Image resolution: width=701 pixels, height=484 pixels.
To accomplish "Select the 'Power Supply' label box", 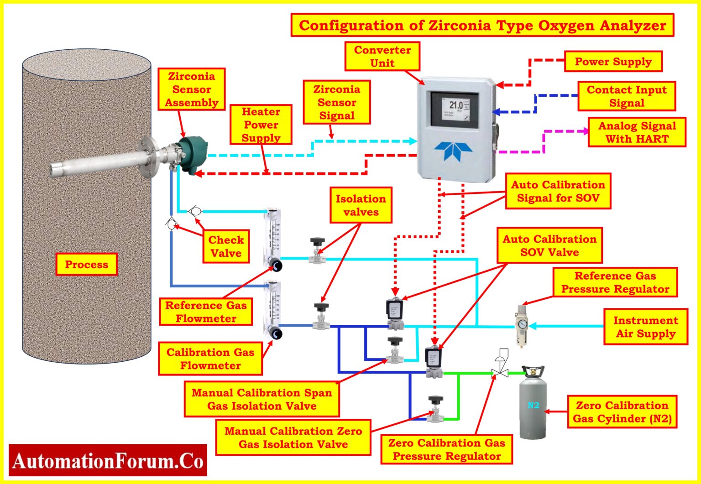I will point(613,62).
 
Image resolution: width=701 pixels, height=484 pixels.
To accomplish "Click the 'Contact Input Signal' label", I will point(626,96).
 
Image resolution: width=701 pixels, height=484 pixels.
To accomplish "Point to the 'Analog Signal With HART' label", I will point(637,132).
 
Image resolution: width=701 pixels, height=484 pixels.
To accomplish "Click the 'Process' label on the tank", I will point(86,265).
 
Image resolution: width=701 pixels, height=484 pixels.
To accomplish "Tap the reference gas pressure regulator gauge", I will point(522,324).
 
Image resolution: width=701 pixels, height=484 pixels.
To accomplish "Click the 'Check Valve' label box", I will point(226,246).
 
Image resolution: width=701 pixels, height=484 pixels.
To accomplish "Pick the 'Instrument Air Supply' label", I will point(645,327).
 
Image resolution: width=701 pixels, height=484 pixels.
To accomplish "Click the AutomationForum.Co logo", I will point(108,460).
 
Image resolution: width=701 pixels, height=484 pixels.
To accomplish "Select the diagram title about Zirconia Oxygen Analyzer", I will point(482,26).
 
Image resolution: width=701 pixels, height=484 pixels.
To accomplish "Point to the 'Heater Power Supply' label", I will point(261,125).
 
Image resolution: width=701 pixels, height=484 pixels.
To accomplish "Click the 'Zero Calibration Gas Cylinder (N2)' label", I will point(622,412).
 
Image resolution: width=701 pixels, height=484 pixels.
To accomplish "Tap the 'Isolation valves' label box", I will point(361,205).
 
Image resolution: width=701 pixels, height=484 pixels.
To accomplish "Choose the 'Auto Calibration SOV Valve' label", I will point(549,245).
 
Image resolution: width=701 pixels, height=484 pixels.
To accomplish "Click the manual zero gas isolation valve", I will point(435,409).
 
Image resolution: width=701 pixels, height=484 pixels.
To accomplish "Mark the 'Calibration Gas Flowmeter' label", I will point(210,359).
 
